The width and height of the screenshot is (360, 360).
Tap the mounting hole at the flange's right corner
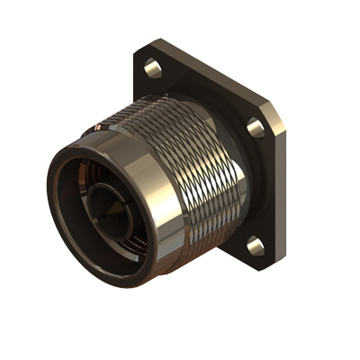(x=256, y=127)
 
